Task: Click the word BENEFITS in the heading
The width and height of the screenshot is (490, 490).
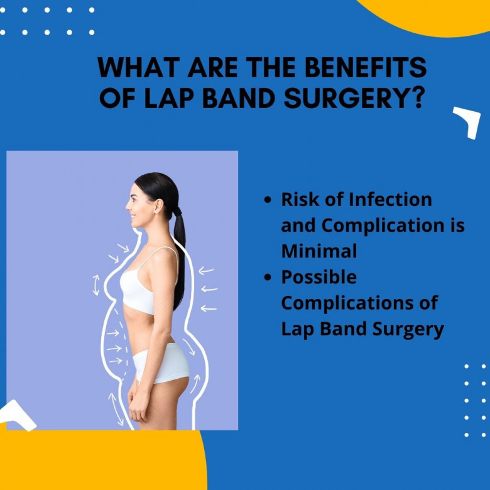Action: point(366,67)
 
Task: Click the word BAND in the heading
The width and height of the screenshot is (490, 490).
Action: point(239,99)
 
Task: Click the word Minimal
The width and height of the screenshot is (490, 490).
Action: point(319,251)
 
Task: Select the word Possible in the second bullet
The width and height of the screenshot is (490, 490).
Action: point(318,277)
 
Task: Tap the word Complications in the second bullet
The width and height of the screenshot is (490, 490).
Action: point(347,303)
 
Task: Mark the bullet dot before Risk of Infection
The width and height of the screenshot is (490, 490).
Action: point(268,199)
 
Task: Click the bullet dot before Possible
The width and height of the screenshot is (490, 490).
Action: point(268,277)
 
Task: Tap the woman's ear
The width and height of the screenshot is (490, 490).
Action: point(158,206)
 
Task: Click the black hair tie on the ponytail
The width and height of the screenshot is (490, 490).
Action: point(177,212)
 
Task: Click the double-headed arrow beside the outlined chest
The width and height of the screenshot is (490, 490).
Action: point(96,285)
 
